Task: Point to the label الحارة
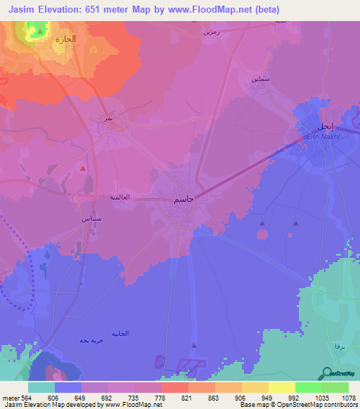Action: click(x=65, y=40)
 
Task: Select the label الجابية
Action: click(x=120, y=333)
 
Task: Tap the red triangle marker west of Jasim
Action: click(x=83, y=168)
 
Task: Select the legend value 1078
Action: click(x=347, y=398)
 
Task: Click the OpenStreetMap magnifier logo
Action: click(x=326, y=372)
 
